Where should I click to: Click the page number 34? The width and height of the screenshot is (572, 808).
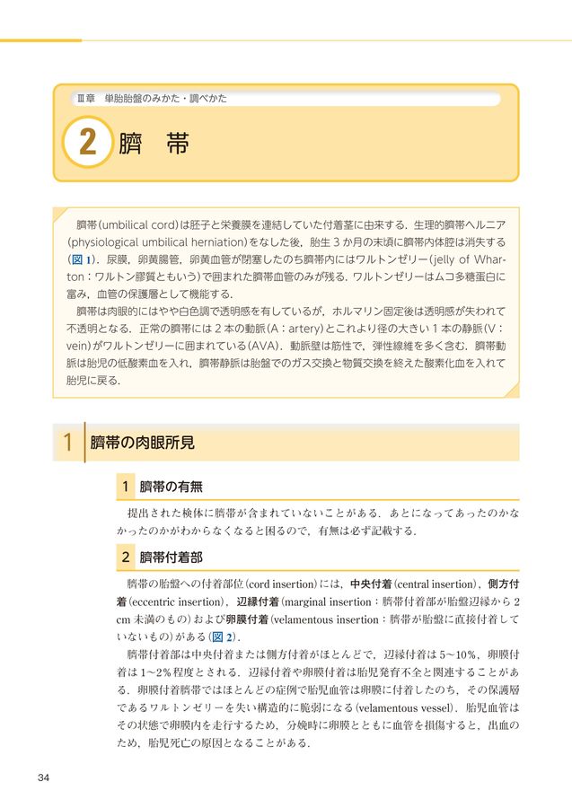coord(44,777)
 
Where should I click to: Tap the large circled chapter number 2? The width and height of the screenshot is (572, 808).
coord(87,145)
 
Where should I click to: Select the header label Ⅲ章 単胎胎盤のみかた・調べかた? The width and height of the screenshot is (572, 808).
coord(150,98)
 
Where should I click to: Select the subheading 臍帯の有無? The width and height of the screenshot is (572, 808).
coord(171,487)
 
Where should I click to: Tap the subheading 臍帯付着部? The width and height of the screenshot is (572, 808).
coord(171,558)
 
